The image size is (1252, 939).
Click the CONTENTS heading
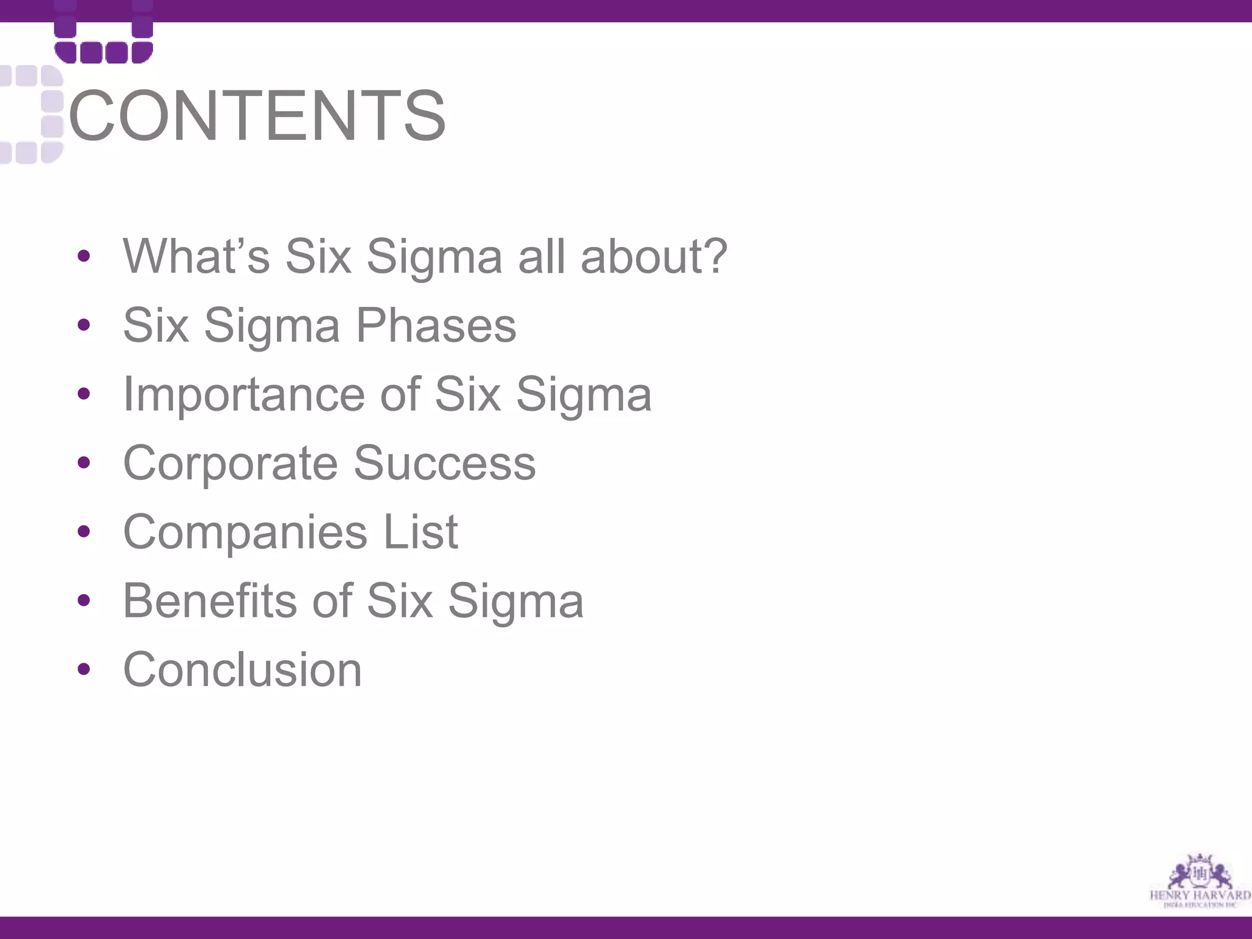pyautogui.click(x=257, y=116)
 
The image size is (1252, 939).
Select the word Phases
pyautogui.click(x=436, y=325)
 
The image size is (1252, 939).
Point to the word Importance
pyautogui.click(x=243, y=394)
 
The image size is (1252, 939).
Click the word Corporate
pyautogui.click(x=230, y=463)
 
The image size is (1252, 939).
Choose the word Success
pyautogui.click(x=444, y=463)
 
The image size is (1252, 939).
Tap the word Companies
pyautogui.click(x=245, y=532)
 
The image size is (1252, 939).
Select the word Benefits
pyautogui.click(x=208, y=601)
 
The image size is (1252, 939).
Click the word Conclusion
pyautogui.click(x=243, y=670)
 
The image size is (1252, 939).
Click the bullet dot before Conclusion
pyautogui.click(x=84, y=669)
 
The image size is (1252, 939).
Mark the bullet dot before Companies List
pyautogui.click(x=84, y=531)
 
